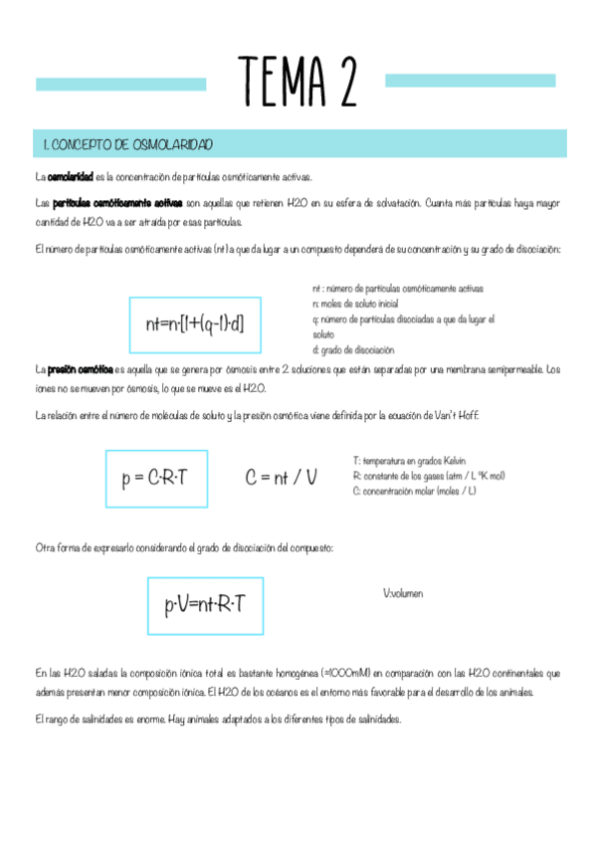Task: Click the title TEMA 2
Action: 298,82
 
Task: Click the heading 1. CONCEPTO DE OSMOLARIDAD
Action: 127,144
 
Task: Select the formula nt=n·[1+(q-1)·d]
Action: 195,323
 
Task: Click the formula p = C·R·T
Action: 155,479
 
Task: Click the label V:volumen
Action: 403,594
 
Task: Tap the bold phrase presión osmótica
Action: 80,369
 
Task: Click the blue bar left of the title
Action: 120,84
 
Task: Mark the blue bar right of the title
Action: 470,80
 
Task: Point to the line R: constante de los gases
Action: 429,476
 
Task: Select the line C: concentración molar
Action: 414,491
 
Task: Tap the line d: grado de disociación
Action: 353,349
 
